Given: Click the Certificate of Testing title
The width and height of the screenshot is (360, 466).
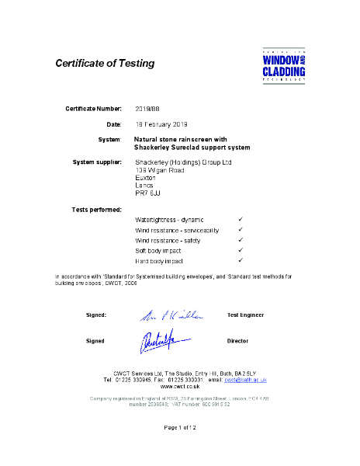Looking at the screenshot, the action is [105, 63].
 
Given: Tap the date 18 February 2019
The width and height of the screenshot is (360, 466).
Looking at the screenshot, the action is [162, 124].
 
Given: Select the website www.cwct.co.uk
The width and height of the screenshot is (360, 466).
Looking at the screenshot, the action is [180, 387].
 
